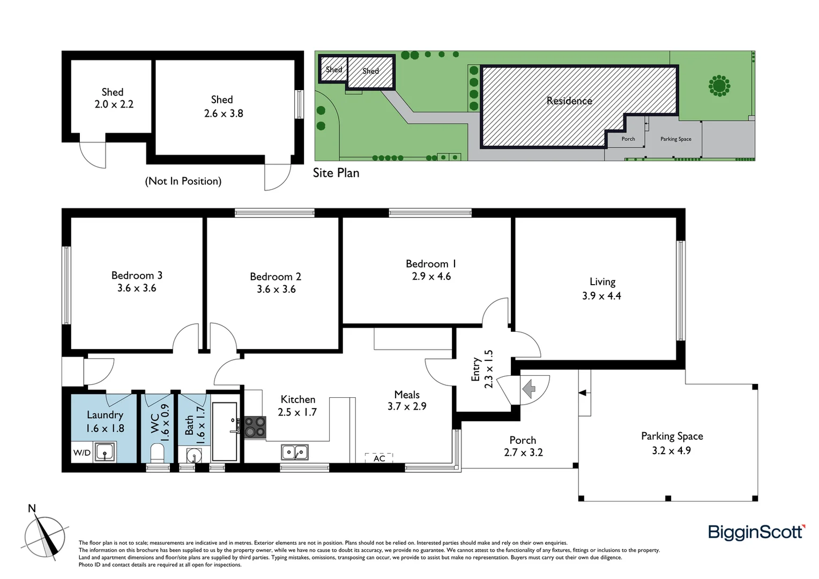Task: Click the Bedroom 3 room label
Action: [137, 276]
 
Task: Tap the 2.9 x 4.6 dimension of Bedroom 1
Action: [431, 277]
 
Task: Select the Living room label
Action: [602, 282]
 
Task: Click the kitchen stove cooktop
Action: [255, 427]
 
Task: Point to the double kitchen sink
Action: [294, 452]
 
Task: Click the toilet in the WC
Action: [158, 452]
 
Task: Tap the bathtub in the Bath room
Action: [225, 432]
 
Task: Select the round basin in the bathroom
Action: [194, 456]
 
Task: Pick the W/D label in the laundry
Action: [81, 453]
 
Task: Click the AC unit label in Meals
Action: [379, 458]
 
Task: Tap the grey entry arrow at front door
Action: [529, 388]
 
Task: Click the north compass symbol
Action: [45, 536]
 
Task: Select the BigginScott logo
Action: [756, 532]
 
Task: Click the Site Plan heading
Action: [336, 173]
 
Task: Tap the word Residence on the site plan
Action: [569, 101]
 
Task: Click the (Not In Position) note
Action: [183, 181]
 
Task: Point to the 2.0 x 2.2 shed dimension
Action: [114, 105]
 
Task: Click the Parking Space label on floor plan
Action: [672, 436]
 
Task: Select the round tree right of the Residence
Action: [719, 85]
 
